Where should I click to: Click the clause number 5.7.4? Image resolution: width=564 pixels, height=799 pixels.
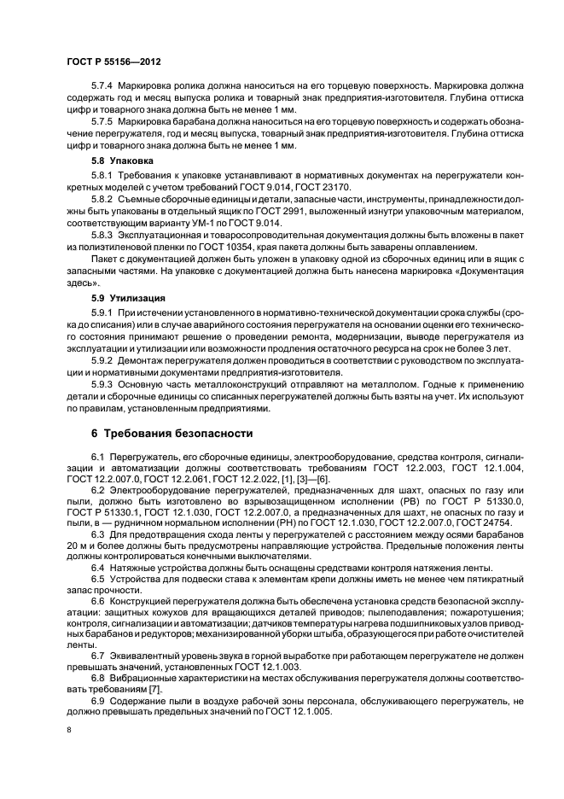click(x=103, y=85)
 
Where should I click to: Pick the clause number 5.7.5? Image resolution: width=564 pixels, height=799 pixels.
click(x=103, y=121)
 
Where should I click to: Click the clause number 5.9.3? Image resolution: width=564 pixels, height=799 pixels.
click(x=103, y=385)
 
